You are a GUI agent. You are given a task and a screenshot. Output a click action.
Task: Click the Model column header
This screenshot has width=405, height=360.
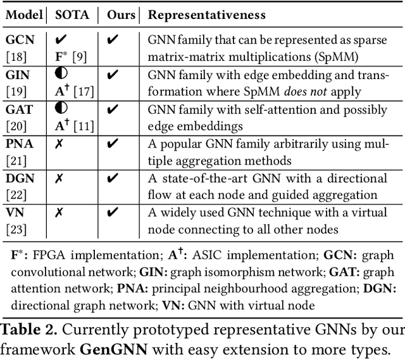tap(23, 14)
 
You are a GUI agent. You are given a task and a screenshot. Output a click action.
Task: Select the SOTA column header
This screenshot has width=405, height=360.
tap(73, 14)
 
